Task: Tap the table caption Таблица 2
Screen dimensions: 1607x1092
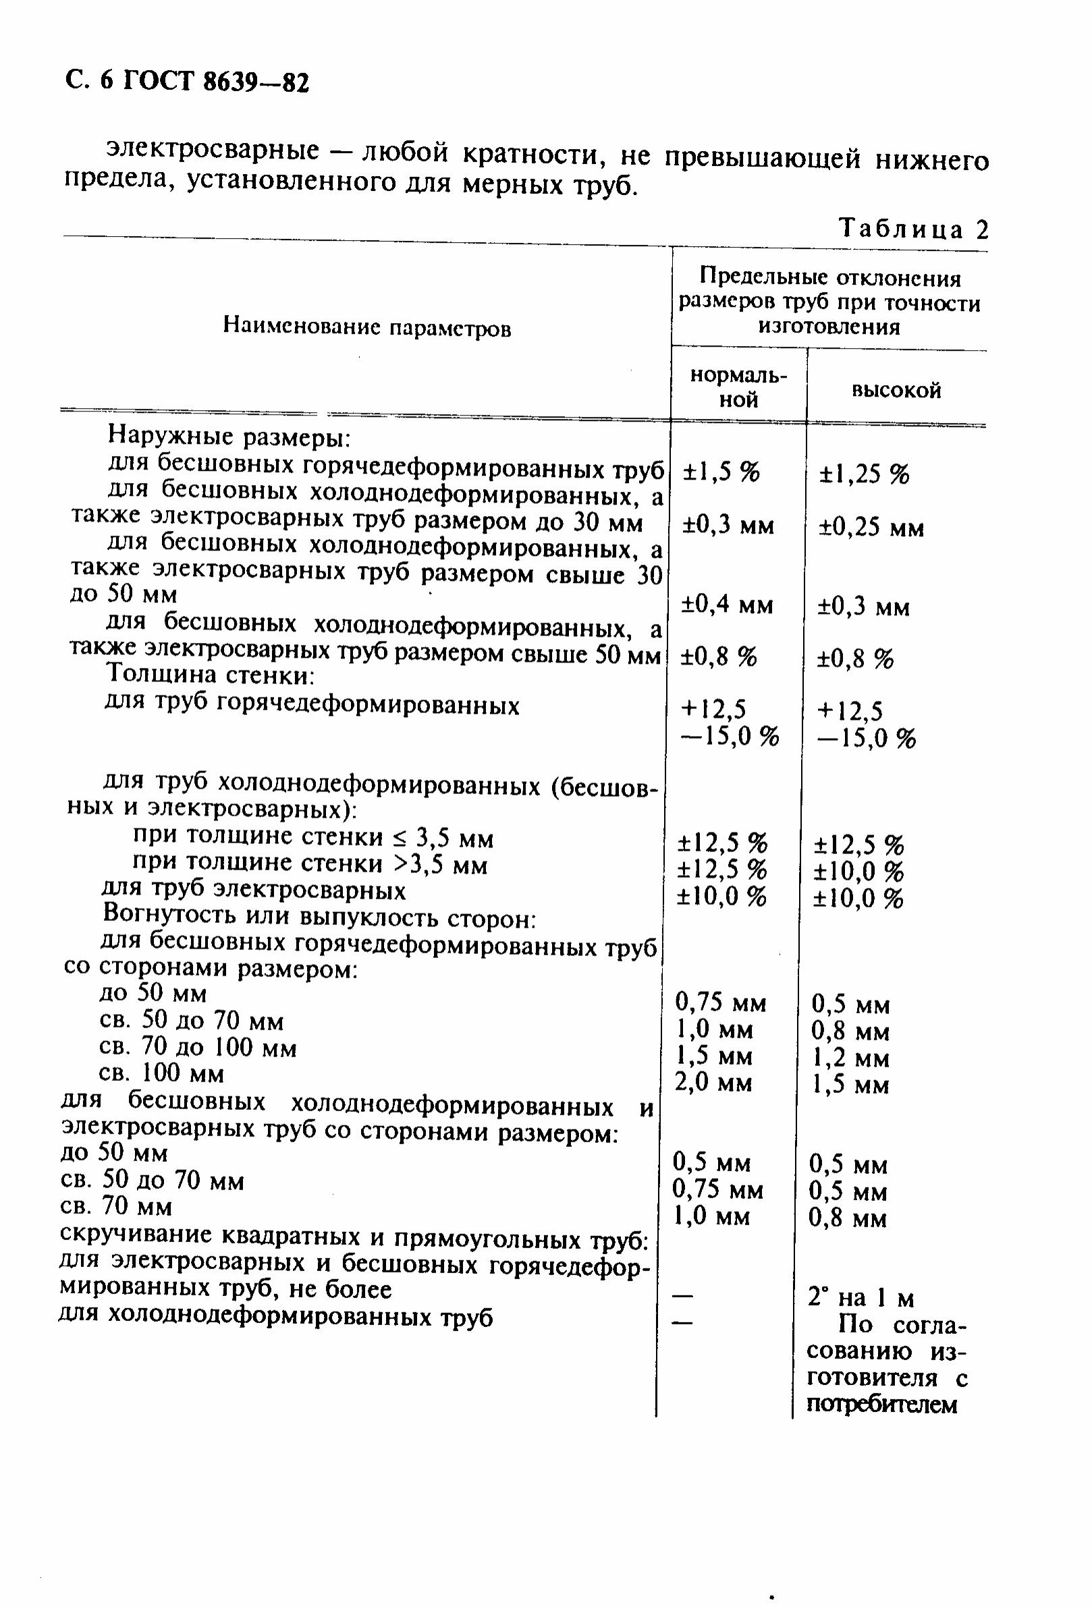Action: (x=913, y=229)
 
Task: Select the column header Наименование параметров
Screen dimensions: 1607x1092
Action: (x=366, y=327)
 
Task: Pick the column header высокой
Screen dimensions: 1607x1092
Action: (x=896, y=391)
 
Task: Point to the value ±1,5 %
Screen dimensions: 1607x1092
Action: (x=721, y=472)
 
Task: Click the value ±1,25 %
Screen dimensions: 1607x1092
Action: (x=864, y=474)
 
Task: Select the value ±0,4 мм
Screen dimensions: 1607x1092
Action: (x=727, y=606)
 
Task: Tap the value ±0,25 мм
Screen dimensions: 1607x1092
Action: (x=871, y=528)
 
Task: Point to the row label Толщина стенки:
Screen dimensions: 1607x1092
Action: (x=211, y=674)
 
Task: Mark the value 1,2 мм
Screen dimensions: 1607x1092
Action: (x=850, y=1058)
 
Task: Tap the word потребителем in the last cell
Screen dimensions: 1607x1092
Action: (x=881, y=1405)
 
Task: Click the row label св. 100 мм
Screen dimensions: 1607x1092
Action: (x=162, y=1073)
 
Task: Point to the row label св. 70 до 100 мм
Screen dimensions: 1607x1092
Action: (x=198, y=1048)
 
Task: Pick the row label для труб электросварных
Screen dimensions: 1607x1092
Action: (x=253, y=890)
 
